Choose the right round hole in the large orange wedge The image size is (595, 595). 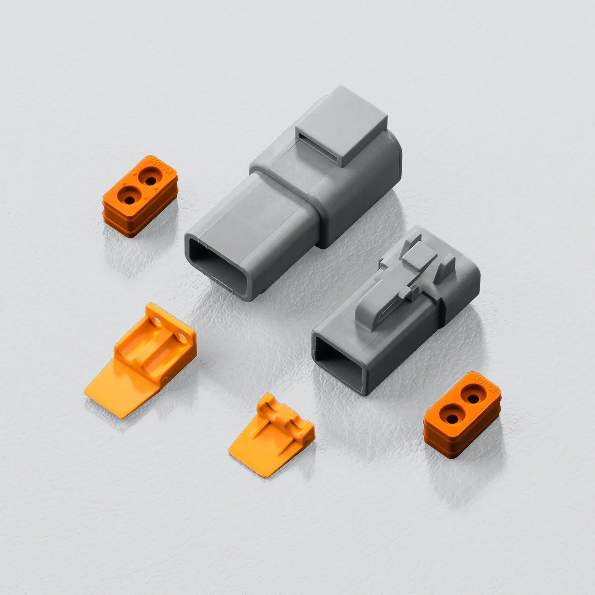pos(184,337)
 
